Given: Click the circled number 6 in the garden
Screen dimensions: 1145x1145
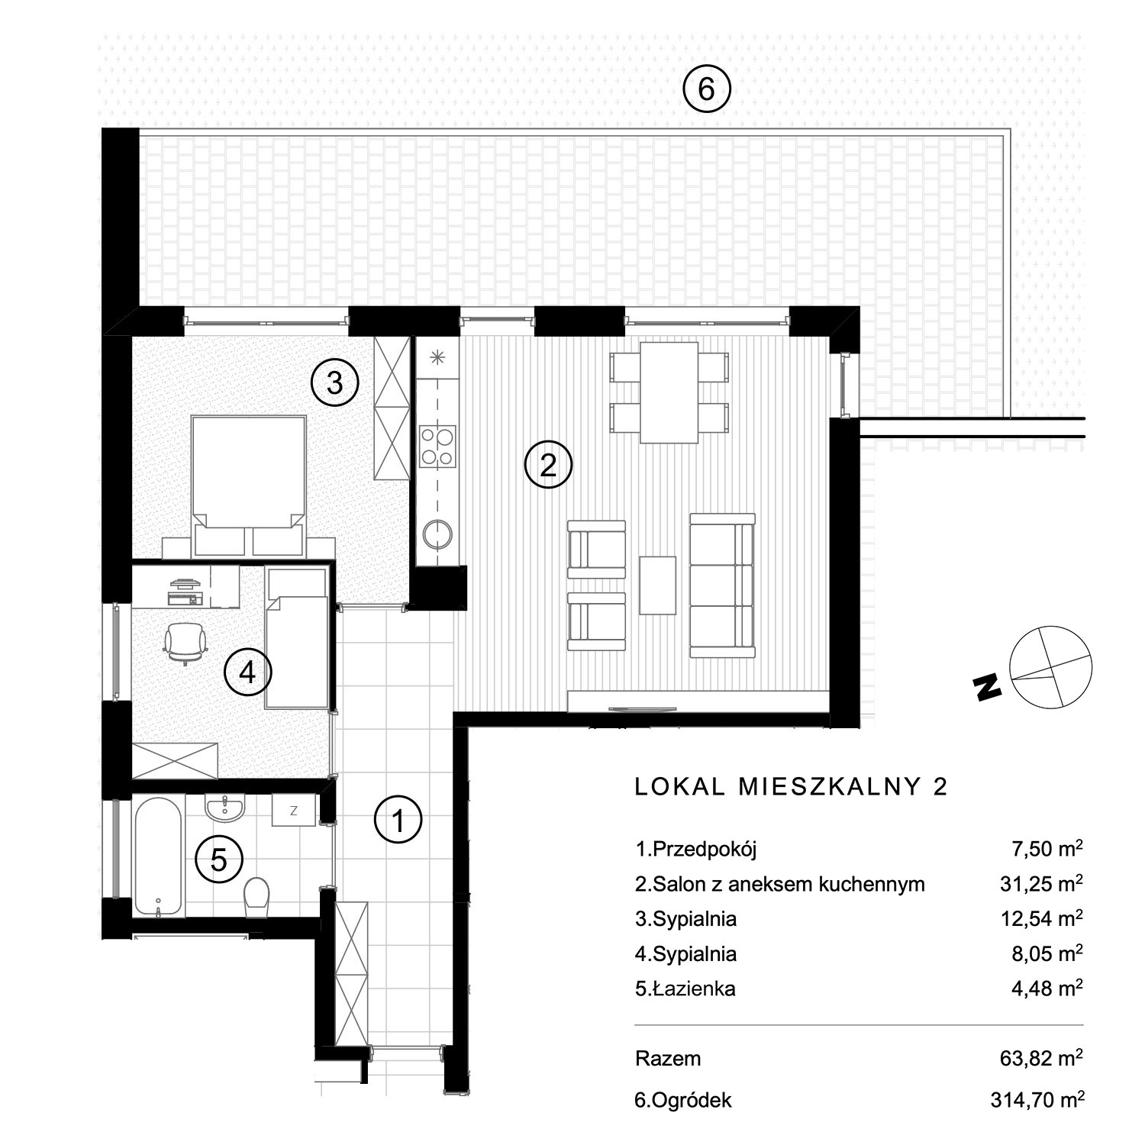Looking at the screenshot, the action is [x=706, y=89].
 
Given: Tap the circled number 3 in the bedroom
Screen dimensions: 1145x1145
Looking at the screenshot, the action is [x=334, y=383].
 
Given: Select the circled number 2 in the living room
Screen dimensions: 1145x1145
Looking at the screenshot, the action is [x=548, y=465].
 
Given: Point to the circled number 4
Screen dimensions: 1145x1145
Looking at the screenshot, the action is [x=247, y=672].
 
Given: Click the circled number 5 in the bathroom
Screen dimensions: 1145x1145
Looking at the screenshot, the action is [x=219, y=860].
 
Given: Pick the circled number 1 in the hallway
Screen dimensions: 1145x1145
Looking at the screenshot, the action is [x=398, y=821].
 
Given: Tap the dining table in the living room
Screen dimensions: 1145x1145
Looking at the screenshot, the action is [x=669, y=392].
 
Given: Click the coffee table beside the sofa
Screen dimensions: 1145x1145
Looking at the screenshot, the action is [x=658, y=585].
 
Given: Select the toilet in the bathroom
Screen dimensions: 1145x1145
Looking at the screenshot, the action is [x=257, y=894].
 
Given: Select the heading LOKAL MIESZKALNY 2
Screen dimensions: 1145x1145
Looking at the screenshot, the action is [x=792, y=787].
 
